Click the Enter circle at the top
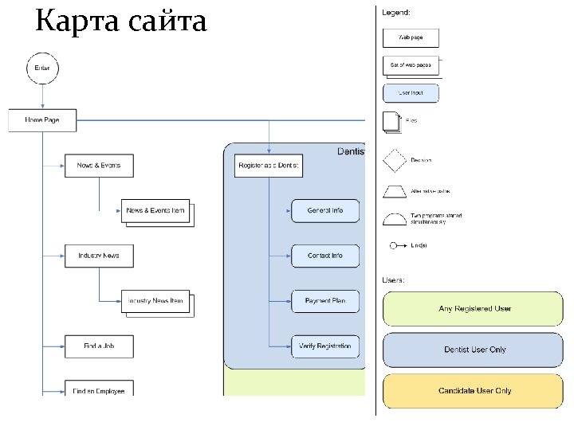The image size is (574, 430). click(x=42, y=68)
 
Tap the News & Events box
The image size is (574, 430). click(x=99, y=165)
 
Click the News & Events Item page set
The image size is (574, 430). click(x=155, y=211)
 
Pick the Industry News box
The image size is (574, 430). click(x=99, y=256)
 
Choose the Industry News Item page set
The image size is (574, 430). click(x=155, y=301)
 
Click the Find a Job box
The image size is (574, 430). click(x=99, y=346)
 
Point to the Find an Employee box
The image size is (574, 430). click(x=99, y=389)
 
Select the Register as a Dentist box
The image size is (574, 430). click(x=269, y=165)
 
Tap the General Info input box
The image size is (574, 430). click(x=325, y=210)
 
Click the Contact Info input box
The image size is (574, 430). click(x=325, y=256)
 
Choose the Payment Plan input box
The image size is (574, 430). click(x=325, y=301)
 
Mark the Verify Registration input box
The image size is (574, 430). click(x=325, y=346)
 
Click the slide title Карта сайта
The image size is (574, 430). click(x=120, y=21)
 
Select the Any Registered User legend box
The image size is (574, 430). click(x=474, y=309)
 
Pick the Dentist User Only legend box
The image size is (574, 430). click(x=474, y=350)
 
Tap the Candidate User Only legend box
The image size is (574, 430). click(x=474, y=391)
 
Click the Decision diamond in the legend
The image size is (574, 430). click(x=395, y=160)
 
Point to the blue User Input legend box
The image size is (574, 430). click(x=411, y=93)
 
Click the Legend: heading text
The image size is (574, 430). click(x=397, y=13)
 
